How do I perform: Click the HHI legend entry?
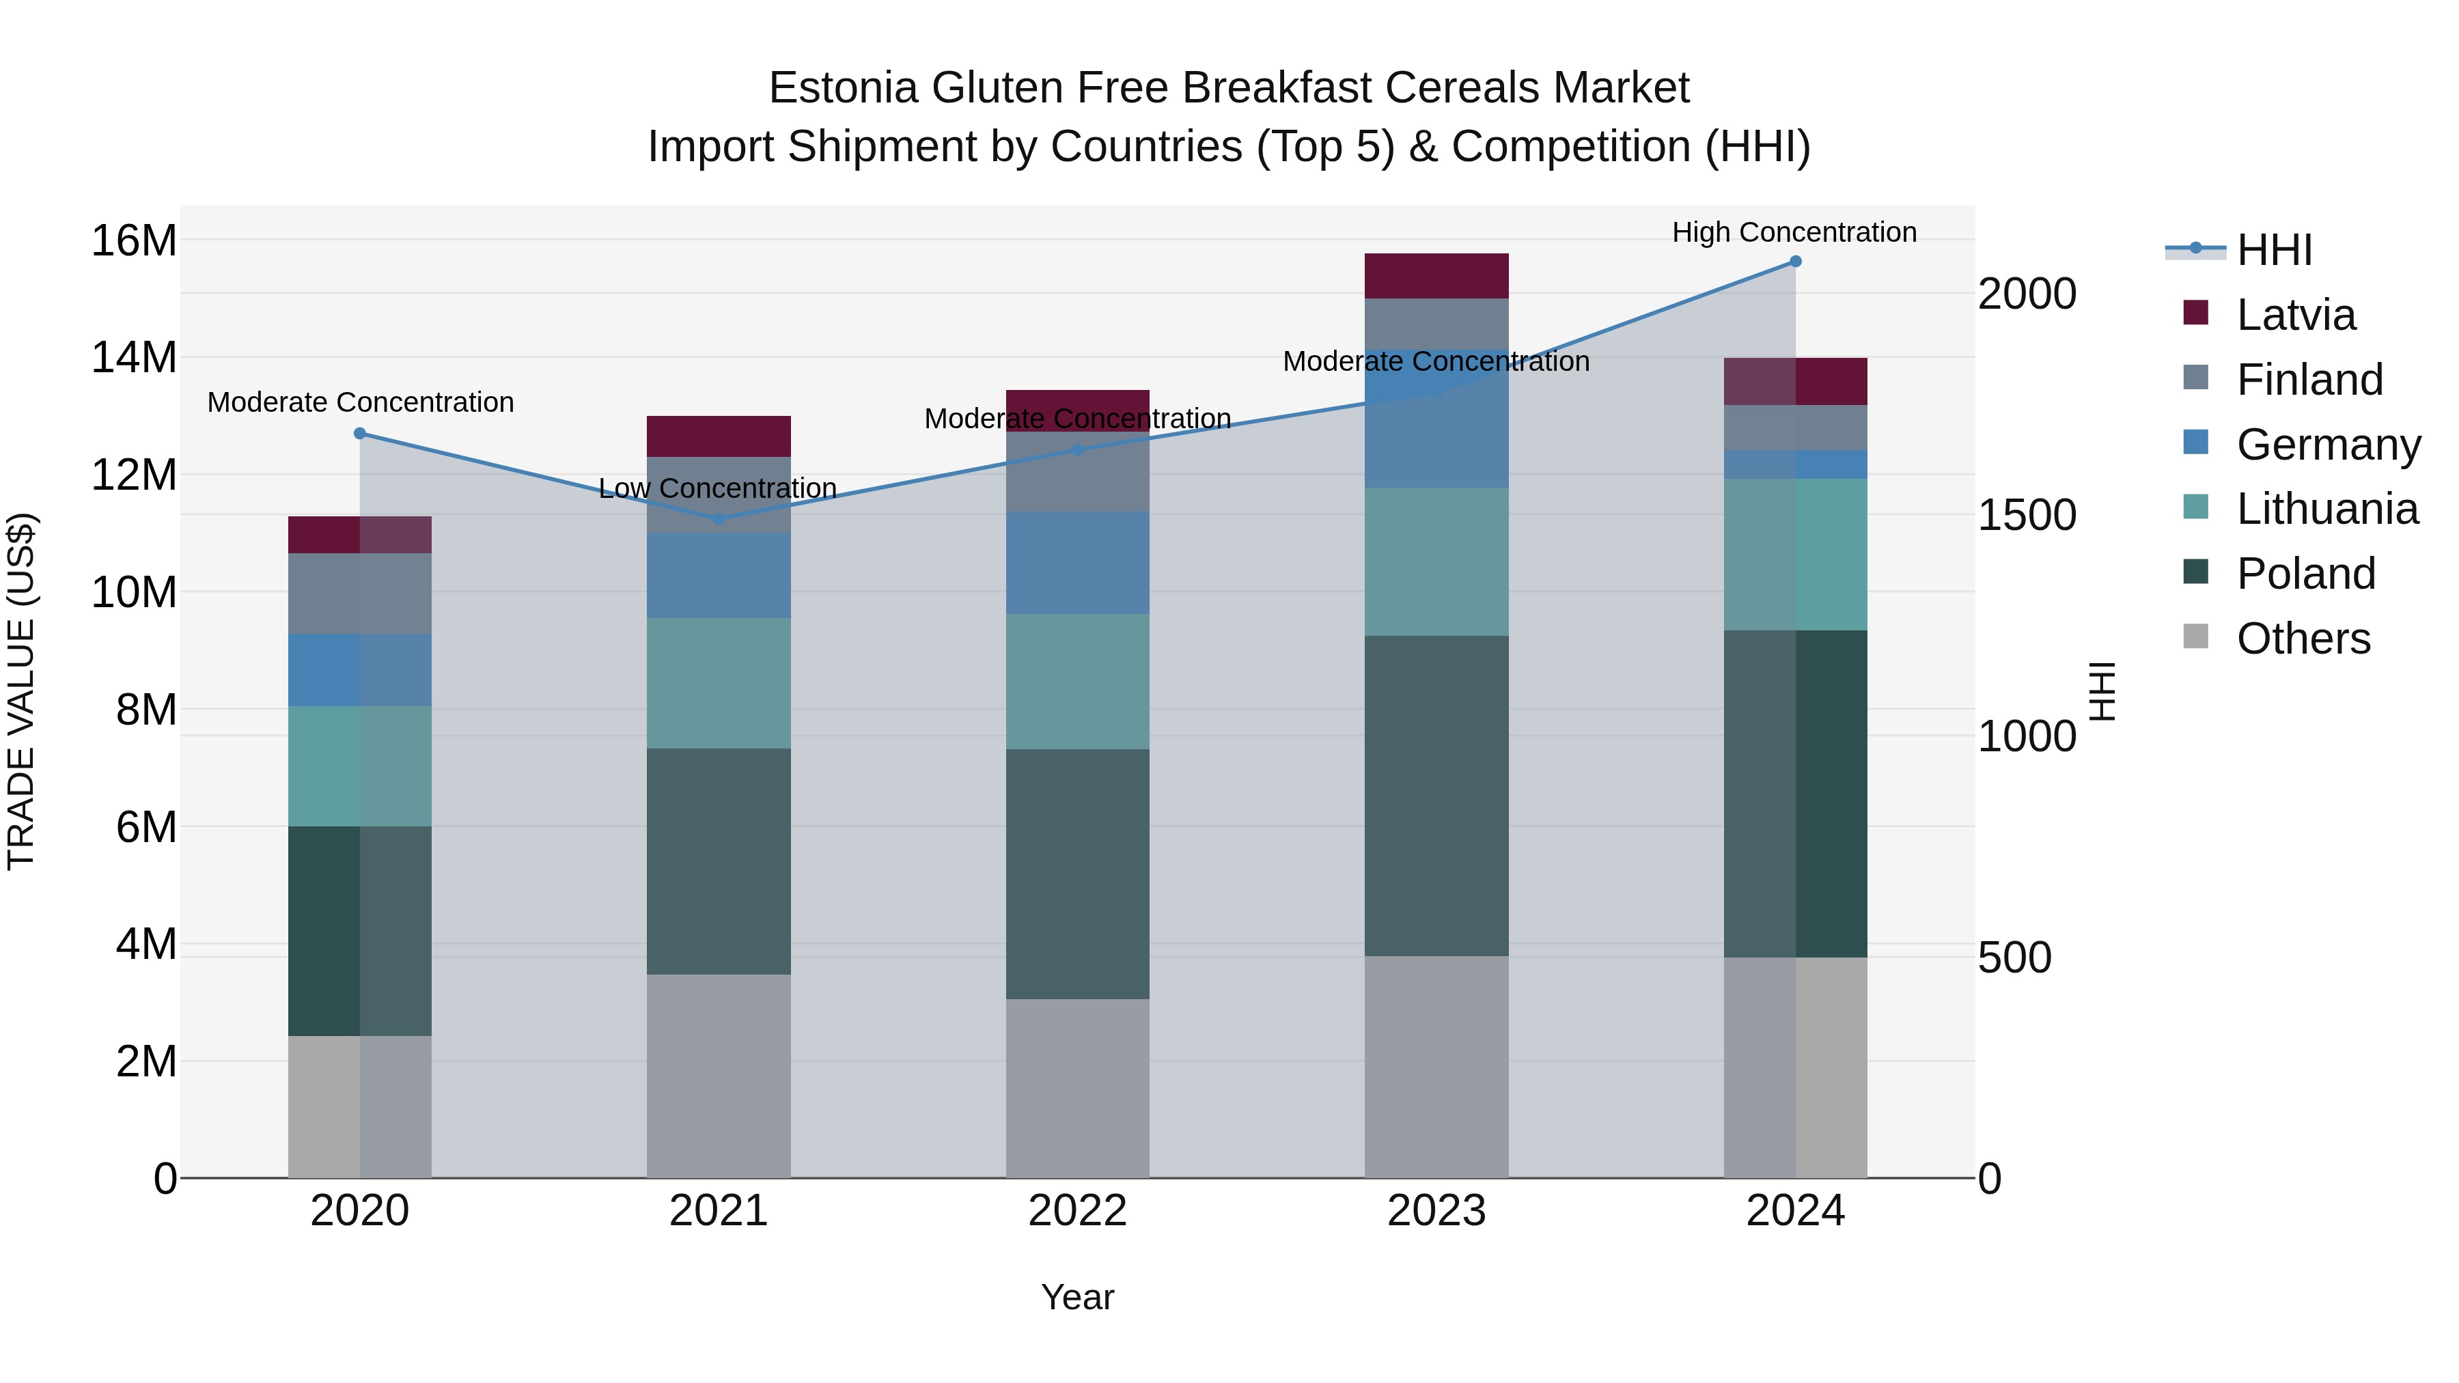[x=2273, y=250]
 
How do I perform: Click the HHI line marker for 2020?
[x=360, y=433]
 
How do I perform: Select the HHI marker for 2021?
[x=719, y=519]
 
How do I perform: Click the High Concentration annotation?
[x=1794, y=232]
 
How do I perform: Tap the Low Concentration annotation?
[x=717, y=489]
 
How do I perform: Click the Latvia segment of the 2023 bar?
[x=1436, y=276]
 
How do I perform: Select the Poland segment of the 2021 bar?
[x=719, y=861]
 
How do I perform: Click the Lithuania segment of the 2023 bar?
[x=1436, y=562]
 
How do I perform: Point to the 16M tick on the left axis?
[x=134, y=240]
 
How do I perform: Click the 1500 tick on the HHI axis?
[x=2026, y=516]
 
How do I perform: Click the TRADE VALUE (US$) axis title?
[x=21, y=691]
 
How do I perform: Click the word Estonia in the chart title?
[x=843, y=88]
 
